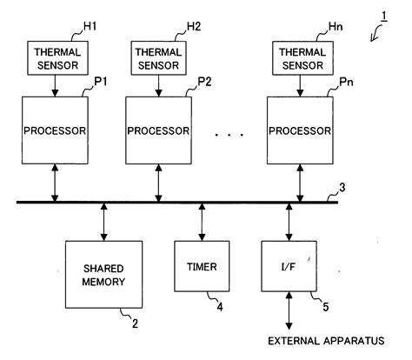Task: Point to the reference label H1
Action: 88,26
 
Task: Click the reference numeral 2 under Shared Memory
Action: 134,324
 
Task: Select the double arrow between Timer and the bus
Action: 203,223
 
